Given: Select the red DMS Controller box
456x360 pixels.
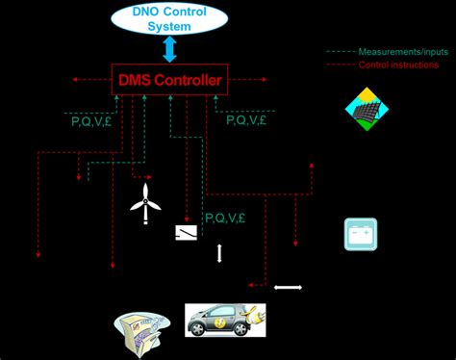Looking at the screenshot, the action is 169,80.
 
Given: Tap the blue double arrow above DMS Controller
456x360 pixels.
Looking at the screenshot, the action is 169,49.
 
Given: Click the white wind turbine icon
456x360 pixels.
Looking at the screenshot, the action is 144,203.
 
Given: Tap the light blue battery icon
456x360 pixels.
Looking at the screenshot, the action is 361,234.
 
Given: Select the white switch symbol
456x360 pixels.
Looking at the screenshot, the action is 186,233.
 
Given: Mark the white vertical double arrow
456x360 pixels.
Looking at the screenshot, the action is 219,254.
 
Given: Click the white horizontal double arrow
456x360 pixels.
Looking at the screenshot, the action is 288,286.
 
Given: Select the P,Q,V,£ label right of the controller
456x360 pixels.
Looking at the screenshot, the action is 245,120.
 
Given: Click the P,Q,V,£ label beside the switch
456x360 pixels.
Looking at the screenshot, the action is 225,219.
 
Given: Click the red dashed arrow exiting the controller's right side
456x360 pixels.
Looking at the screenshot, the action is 250,80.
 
